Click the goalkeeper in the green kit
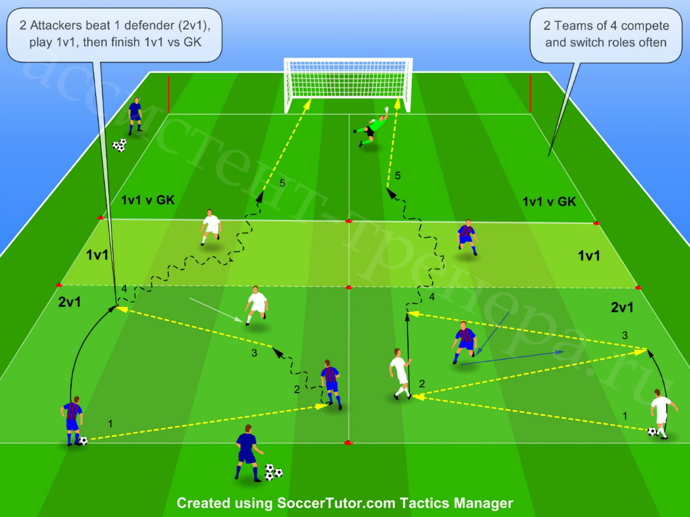(372, 127)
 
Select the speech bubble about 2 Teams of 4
(606, 35)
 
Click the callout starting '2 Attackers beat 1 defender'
(115, 34)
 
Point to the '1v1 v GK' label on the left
(148, 200)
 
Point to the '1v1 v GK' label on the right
(549, 202)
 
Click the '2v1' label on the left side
(69, 302)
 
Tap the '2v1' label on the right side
(622, 307)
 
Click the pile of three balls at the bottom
(273, 472)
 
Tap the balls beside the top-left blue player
(119, 145)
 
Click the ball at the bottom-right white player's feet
(652, 432)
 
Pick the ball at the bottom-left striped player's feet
(83, 440)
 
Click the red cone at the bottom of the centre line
(348, 443)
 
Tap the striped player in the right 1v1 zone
(467, 236)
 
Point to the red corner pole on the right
(530, 93)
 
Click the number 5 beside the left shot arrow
(282, 183)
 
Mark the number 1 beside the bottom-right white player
(624, 416)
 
